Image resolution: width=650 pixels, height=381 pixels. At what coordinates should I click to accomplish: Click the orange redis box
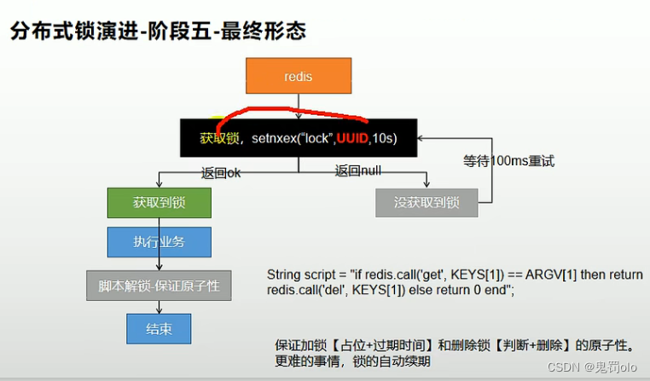click(x=298, y=77)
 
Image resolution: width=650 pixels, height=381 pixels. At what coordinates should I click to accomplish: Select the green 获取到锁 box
click(x=159, y=203)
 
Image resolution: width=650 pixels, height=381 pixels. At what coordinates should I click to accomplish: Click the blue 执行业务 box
click(x=159, y=242)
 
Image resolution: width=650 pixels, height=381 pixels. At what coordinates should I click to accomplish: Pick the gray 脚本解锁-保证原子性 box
click(x=159, y=286)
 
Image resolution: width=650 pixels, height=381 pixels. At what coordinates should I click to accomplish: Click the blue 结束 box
click(x=159, y=328)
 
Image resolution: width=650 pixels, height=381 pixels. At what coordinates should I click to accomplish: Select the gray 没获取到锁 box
click(x=427, y=203)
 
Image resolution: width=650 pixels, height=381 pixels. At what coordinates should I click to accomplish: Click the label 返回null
click(x=357, y=171)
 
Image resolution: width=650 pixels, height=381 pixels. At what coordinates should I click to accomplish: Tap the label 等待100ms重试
click(x=508, y=160)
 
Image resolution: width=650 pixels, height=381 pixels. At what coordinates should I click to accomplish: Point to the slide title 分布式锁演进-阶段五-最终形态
click(x=158, y=32)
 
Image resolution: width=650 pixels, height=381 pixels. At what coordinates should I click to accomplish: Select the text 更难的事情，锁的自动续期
click(x=352, y=361)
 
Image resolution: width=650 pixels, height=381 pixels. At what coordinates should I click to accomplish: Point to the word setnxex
click(x=275, y=137)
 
